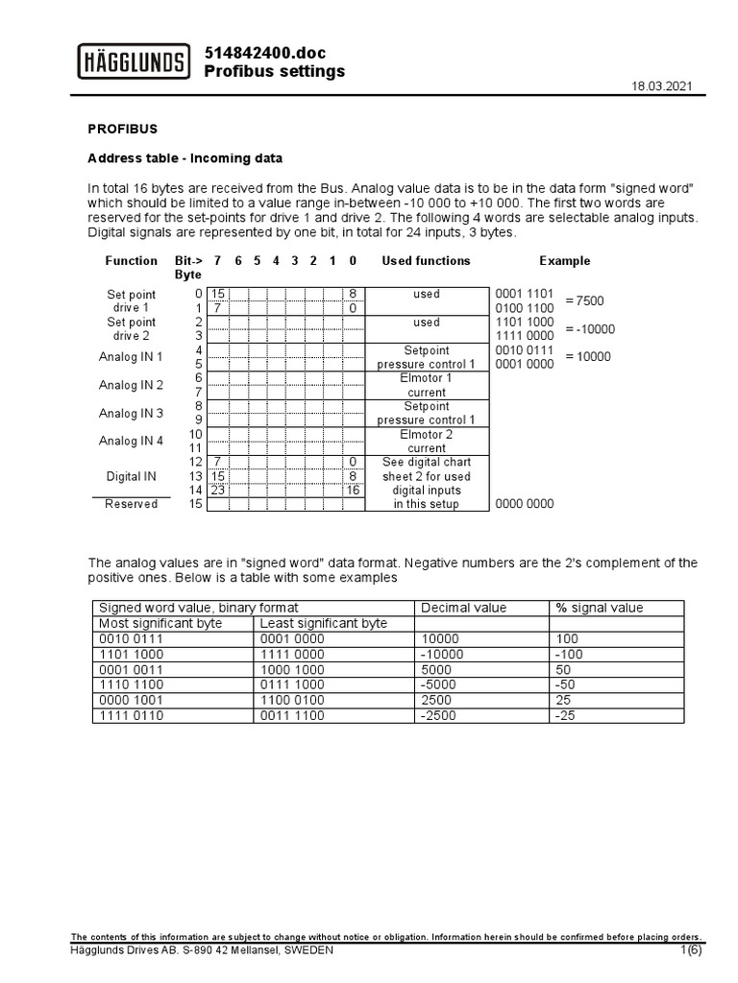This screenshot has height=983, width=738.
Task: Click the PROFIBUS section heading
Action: click(123, 128)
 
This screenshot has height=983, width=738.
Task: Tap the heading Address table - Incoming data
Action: click(185, 157)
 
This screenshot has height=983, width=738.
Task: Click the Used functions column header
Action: click(426, 261)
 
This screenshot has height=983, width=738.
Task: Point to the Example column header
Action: click(564, 261)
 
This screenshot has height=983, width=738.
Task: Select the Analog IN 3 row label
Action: click(132, 413)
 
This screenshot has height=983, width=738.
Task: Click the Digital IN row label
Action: click(132, 475)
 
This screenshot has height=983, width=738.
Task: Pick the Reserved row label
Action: click(132, 504)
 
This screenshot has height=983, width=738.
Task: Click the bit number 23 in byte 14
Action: click(218, 490)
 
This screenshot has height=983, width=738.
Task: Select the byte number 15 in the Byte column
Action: click(196, 504)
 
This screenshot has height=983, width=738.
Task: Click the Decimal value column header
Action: click(464, 608)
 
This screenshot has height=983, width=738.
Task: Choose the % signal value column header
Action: click(600, 608)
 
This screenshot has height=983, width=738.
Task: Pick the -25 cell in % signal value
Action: click(565, 715)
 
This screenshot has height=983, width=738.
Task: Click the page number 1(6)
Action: click(691, 950)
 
